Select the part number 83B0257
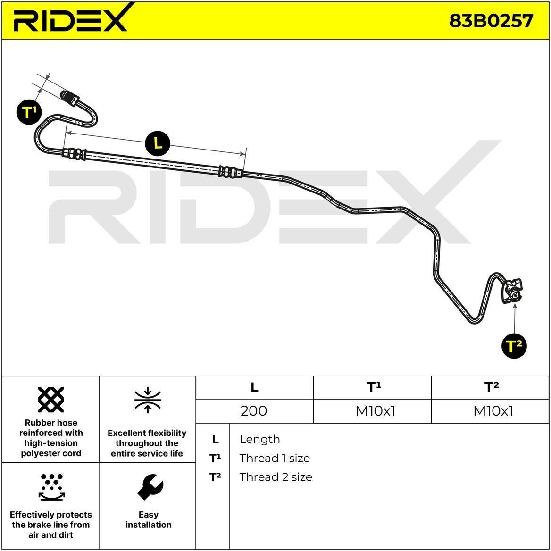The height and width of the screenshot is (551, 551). click(491, 20)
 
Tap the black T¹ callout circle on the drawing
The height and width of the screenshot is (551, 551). click(29, 112)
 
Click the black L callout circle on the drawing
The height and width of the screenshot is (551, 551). click(158, 143)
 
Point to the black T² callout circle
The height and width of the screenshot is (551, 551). click(514, 346)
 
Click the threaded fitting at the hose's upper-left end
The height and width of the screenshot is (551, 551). click(69, 97)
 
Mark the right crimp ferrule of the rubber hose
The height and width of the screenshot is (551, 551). click(231, 172)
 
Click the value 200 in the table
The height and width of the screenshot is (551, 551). click(254, 410)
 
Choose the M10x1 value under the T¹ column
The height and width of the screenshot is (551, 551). click(376, 410)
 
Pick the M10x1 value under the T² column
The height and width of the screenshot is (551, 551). click(493, 410)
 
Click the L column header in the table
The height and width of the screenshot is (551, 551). click(254, 387)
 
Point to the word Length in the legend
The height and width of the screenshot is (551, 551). click(259, 439)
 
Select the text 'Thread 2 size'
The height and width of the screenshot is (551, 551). click(275, 477)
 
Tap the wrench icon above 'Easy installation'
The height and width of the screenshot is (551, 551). click(150, 487)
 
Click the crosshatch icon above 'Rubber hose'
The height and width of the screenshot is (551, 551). click(51, 400)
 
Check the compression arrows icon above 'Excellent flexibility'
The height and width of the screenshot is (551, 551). click(148, 400)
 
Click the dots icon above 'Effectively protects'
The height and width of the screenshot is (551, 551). click(52, 487)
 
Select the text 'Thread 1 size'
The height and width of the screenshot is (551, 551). click(275, 458)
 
